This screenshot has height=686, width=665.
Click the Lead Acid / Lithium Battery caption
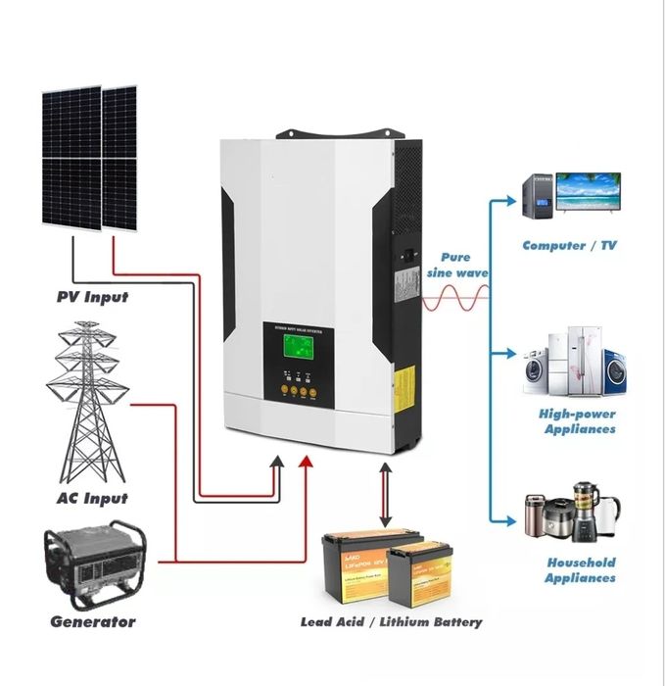click(x=391, y=621)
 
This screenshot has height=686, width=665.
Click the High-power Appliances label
click(x=578, y=420)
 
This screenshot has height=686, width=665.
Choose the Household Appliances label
click(x=580, y=569)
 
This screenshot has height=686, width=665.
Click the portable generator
click(x=94, y=565)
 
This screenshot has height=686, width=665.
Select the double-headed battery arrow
click(x=385, y=495)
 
